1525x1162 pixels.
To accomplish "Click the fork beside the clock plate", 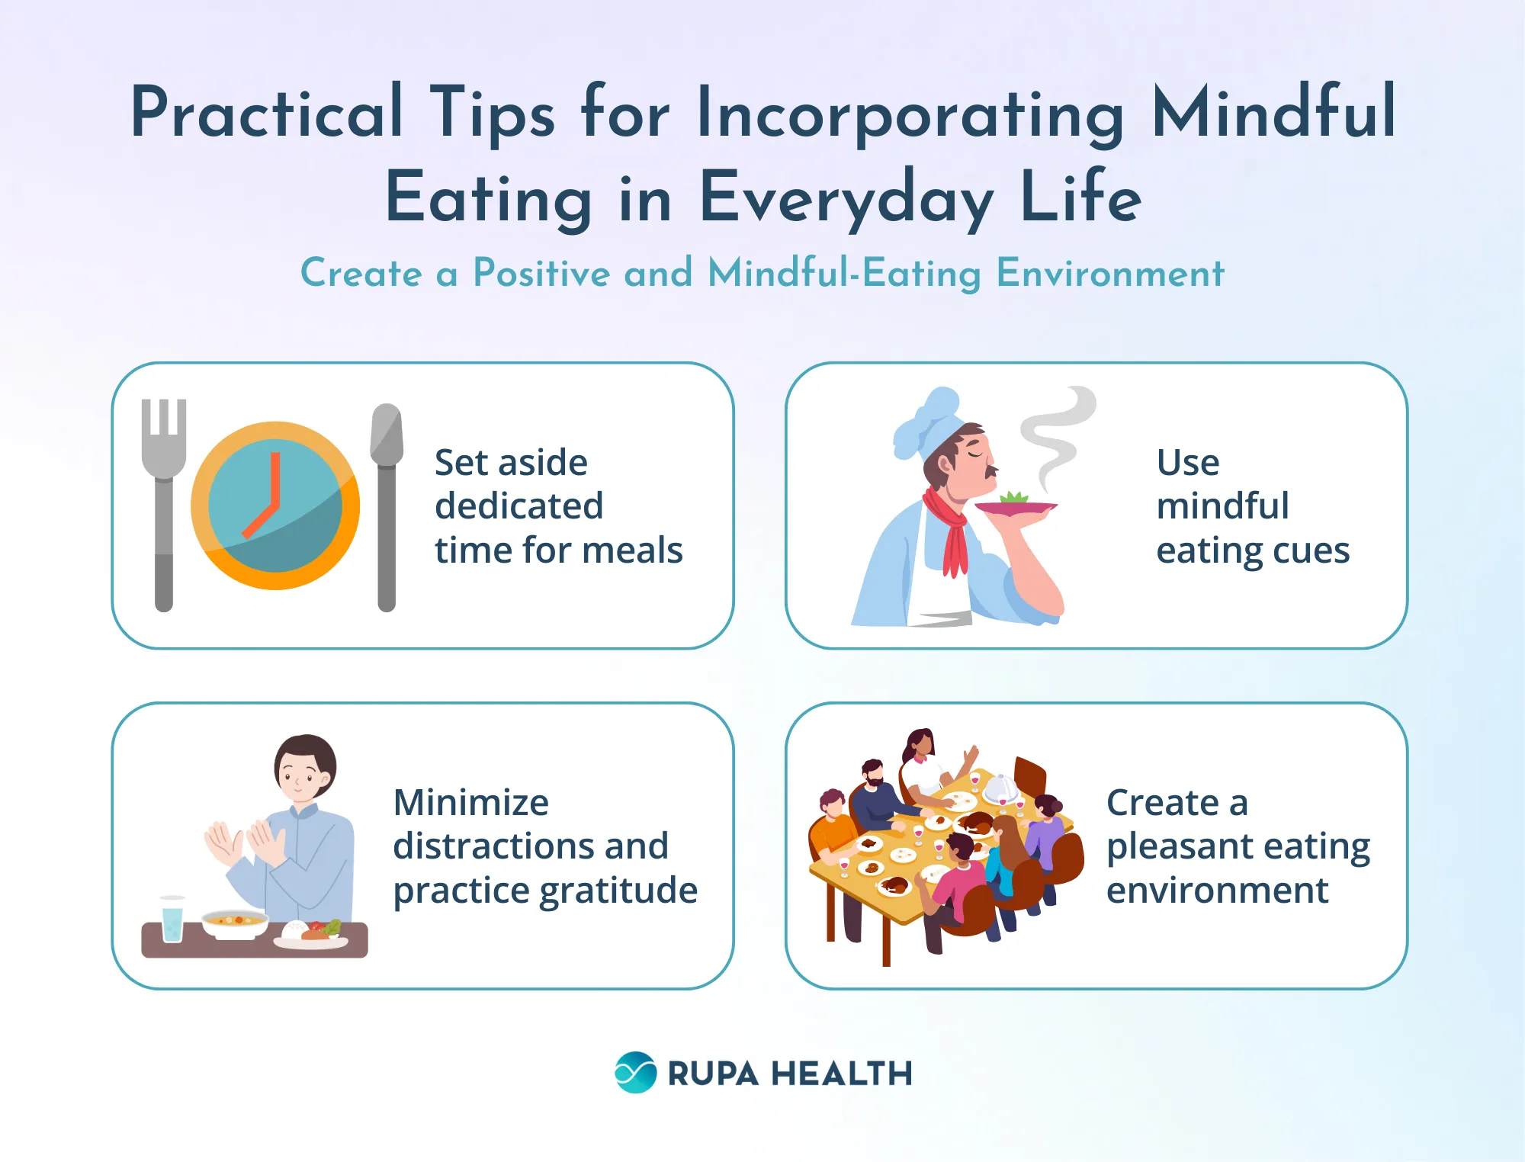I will (164, 503).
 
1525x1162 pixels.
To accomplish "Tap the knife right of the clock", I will (387, 503).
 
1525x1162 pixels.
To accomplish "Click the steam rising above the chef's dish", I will (1056, 435).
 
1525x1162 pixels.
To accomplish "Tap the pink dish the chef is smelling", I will (1015, 506).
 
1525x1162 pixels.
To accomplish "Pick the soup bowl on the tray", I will (235, 923).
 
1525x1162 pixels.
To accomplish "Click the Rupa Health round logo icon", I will (635, 1073).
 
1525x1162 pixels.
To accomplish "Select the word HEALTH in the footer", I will (842, 1074).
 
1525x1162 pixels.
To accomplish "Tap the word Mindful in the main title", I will (1273, 113).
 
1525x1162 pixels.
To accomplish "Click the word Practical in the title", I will (267, 113).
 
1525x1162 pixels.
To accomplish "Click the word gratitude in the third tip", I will (618, 891).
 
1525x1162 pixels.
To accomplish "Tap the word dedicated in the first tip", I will (518, 506).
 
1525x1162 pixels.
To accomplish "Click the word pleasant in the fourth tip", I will (1172, 846).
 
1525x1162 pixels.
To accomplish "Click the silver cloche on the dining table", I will (1001, 788).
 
